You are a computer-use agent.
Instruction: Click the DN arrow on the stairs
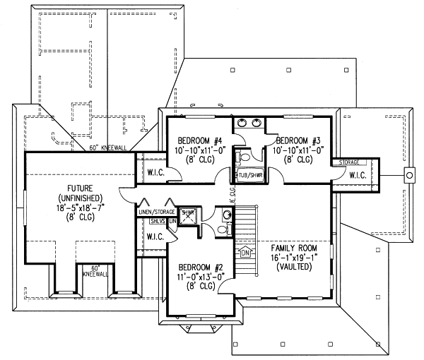pos(245,253)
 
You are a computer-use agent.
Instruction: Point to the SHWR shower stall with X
pos(188,217)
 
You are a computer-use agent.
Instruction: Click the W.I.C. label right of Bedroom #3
pos(357,174)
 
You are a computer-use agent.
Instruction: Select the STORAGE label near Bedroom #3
pos(348,162)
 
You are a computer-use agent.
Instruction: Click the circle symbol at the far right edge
pos(408,174)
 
